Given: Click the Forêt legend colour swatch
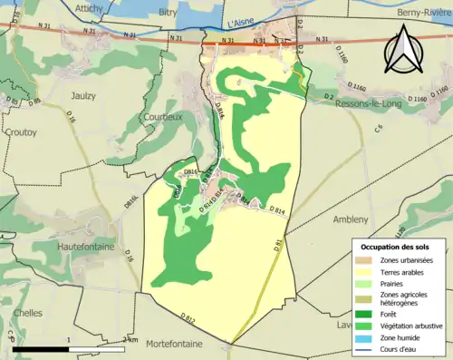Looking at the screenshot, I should (366, 314).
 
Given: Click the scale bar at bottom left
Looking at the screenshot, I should (68, 348).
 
